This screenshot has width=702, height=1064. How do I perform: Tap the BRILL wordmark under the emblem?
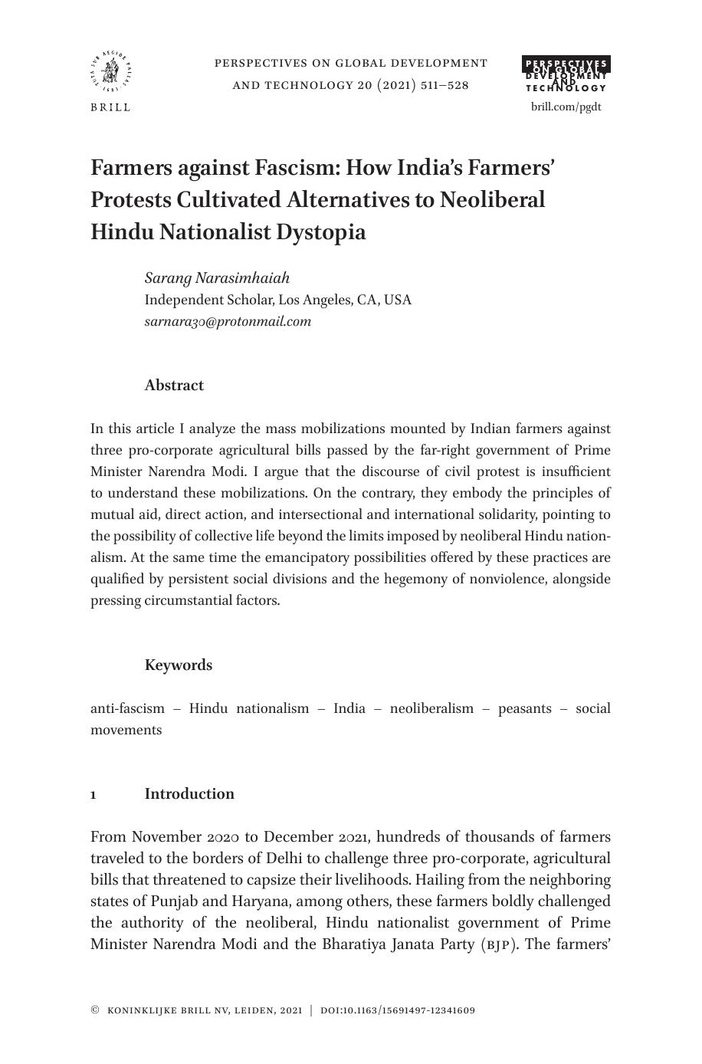tap(111, 107)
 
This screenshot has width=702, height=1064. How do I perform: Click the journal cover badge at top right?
tap(566, 75)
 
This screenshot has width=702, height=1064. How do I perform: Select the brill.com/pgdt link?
tap(566, 107)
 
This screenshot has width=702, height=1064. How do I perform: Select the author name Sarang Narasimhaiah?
tap(217, 277)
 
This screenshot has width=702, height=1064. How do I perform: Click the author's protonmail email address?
tap(228, 321)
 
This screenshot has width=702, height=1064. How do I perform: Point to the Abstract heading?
tap(174, 386)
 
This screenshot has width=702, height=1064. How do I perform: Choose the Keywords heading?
tap(179, 665)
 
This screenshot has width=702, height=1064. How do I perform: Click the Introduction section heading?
tap(189, 794)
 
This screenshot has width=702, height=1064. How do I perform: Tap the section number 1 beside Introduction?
tap(93, 795)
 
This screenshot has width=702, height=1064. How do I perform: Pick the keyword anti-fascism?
tap(127, 708)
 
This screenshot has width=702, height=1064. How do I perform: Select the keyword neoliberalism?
tap(431, 708)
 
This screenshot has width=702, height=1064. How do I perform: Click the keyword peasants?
tap(524, 708)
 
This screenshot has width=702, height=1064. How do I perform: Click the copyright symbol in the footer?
tap(95, 1010)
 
